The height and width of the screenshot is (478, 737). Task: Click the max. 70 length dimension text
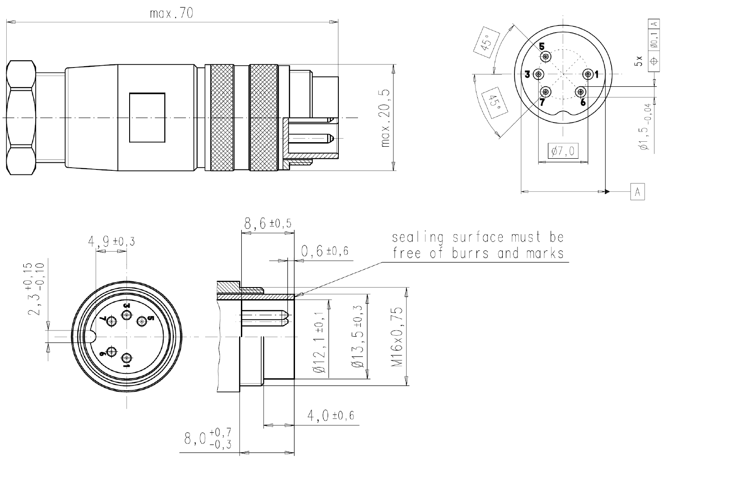pyautogui.click(x=172, y=13)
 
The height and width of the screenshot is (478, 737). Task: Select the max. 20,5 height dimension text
pyautogui.click(x=385, y=118)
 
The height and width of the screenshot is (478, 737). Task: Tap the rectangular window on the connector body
pyautogui.click(x=147, y=118)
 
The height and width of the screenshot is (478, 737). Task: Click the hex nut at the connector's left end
pyautogui.click(x=21, y=118)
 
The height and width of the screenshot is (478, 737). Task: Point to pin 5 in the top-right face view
pyautogui.click(x=546, y=57)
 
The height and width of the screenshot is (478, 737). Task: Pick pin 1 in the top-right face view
pyautogui.click(x=588, y=74)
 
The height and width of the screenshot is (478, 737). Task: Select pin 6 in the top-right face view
pyautogui.click(x=581, y=92)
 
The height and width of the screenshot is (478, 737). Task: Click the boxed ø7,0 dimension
pyautogui.click(x=563, y=152)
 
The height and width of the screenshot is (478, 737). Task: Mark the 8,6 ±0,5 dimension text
pyautogui.click(x=267, y=223)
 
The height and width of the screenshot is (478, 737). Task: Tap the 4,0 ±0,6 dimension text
pyautogui.click(x=330, y=416)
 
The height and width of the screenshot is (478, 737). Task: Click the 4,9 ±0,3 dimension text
pyautogui.click(x=111, y=242)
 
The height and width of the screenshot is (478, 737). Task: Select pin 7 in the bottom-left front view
pyautogui.click(x=111, y=321)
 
